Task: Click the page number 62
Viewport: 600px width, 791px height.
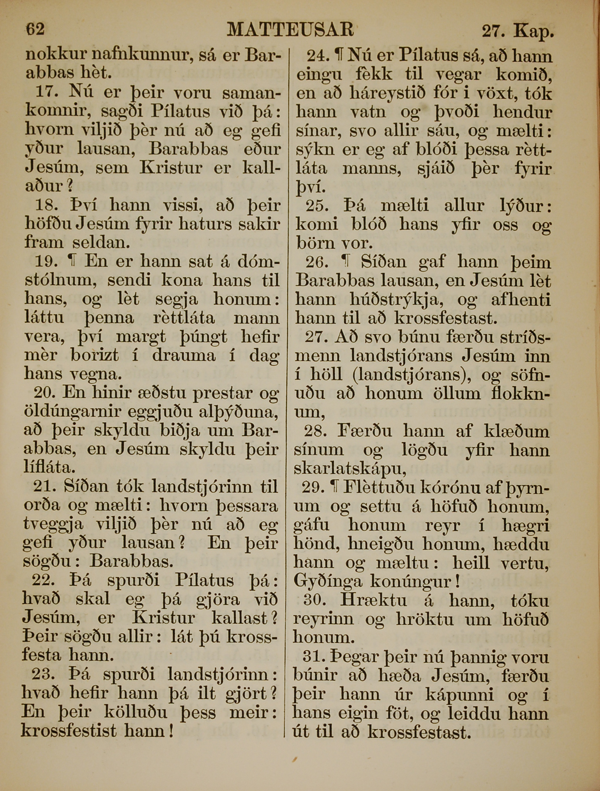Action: point(35,29)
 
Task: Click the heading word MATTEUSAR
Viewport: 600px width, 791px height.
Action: point(290,29)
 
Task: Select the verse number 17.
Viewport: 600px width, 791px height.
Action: point(47,92)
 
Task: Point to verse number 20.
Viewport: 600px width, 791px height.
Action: point(45,392)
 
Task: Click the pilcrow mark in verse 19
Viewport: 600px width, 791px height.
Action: point(72,262)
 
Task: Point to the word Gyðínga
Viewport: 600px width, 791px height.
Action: point(328,581)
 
